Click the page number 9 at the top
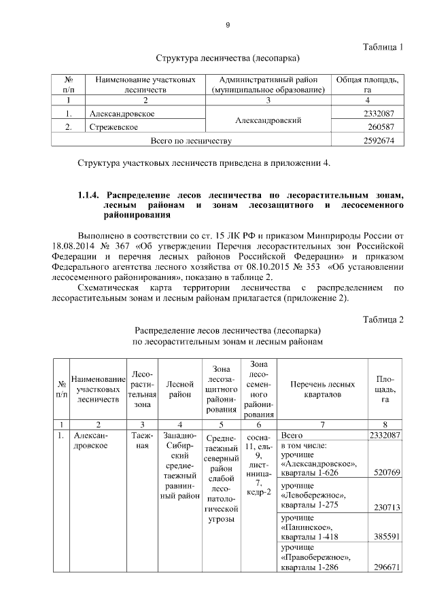228,25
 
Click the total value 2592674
379,141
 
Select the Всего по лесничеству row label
191,141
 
